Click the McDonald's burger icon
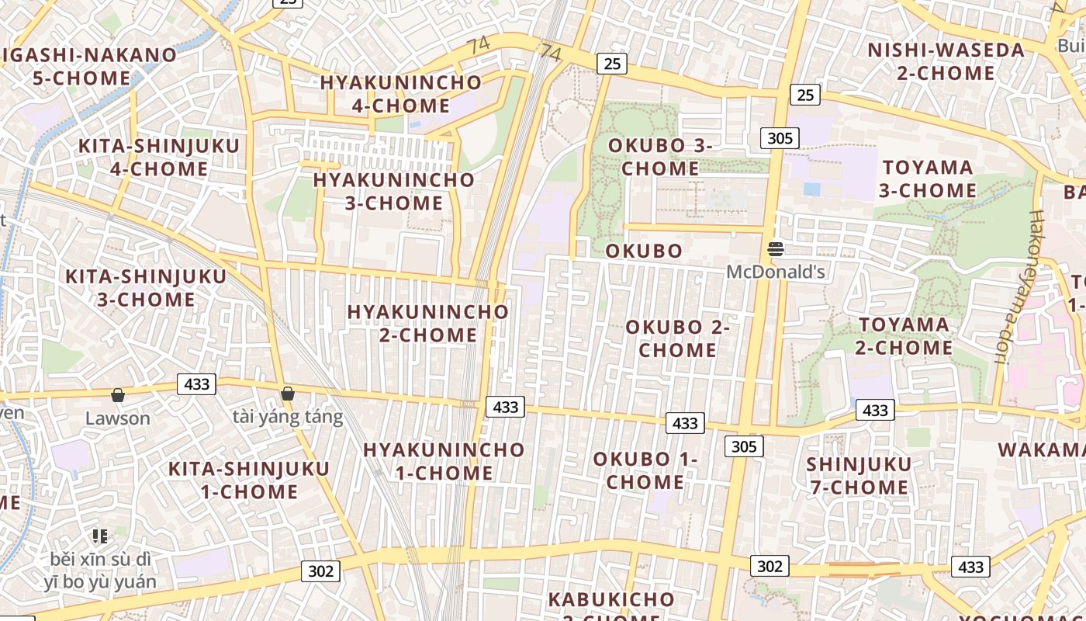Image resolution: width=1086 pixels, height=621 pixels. point(775,249)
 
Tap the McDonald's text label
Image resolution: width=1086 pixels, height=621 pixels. point(775,272)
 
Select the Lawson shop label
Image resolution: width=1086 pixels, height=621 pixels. point(118,418)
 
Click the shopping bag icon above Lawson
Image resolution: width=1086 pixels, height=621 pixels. point(118,396)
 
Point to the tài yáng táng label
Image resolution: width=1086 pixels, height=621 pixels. point(288,417)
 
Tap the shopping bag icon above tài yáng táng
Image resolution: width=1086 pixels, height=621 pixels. point(288,394)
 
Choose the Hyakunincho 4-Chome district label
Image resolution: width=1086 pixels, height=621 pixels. point(401,94)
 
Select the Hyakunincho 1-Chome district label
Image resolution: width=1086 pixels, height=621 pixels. point(444,461)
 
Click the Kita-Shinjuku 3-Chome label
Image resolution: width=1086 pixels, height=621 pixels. point(146,288)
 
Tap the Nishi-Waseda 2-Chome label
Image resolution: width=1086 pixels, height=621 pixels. point(946,61)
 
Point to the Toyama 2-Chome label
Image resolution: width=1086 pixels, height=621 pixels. point(904,336)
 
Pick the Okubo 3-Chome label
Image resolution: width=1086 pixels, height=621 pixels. point(660,157)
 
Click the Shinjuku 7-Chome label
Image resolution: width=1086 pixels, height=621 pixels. point(859,476)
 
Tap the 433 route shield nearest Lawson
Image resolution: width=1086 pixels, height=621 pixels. point(196,383)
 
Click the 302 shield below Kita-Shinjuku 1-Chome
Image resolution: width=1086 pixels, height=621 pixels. point(320,571)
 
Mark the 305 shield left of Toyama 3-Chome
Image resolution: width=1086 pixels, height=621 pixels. point(779,138)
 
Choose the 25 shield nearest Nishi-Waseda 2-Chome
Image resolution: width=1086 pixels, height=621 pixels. point(806,95)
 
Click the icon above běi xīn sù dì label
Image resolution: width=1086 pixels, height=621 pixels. point(99,536)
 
